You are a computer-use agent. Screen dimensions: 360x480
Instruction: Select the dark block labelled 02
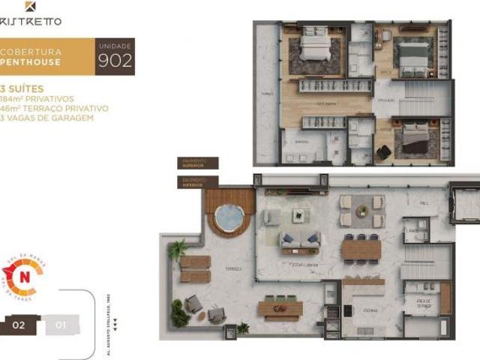[19, 325]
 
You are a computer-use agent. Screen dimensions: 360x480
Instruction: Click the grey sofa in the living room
[300, 241]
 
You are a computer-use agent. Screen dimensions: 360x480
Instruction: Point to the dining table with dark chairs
[361, 247]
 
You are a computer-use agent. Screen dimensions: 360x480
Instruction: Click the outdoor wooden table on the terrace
[280, 307]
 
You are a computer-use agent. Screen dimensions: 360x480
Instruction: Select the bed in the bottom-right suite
[414, 137]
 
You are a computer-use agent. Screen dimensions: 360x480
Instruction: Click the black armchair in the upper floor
[383, 152]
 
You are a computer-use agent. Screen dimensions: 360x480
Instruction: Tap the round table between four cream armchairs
[362, 211]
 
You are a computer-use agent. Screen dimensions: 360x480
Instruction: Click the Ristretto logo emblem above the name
[30, 6]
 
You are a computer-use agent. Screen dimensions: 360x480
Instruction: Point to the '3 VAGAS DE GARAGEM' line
[46, 118]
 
